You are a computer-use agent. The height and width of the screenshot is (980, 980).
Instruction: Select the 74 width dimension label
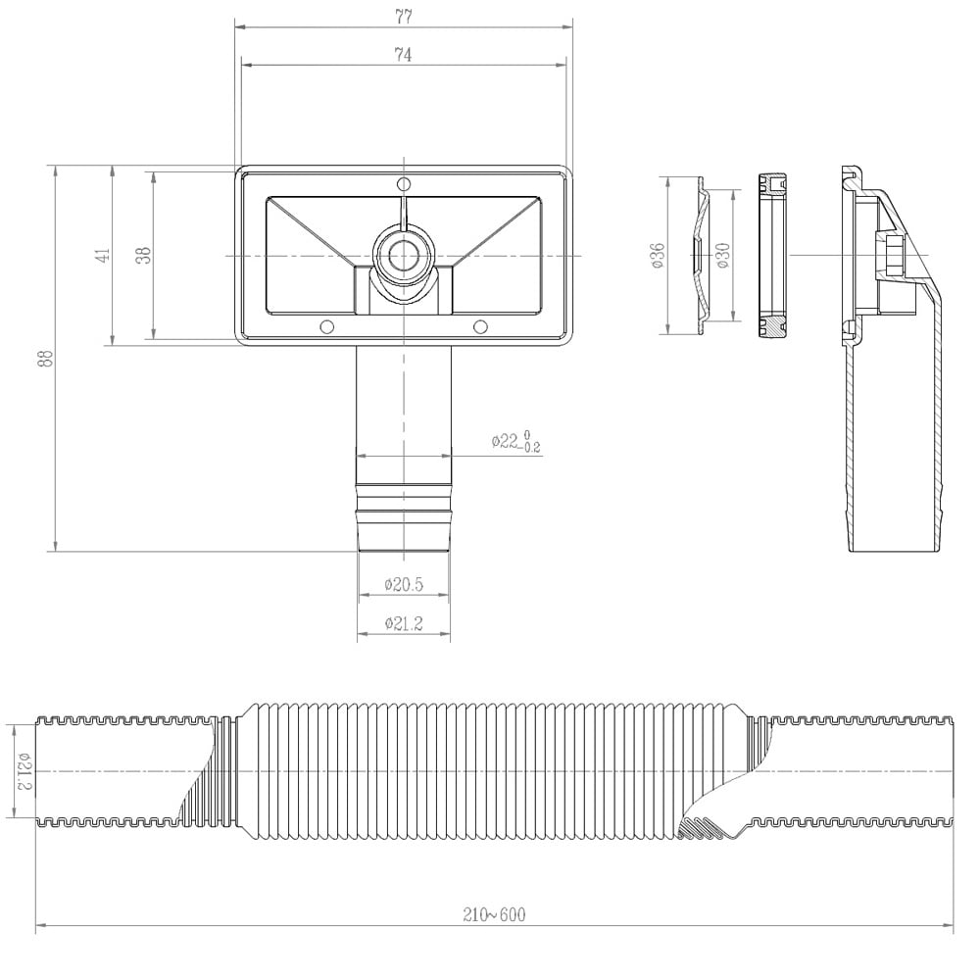[x=403, y=55]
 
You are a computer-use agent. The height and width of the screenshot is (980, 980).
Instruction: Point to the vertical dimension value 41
[x=102, y=256]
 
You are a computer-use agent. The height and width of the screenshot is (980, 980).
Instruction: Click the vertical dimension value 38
[x=143, y=256]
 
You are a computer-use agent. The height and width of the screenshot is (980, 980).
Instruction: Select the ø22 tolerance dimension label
[x=516, y=442]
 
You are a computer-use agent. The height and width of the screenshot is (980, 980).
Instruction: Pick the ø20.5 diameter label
[x=403, y=585]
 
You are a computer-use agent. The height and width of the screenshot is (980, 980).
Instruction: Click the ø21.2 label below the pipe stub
[x=403, y=624]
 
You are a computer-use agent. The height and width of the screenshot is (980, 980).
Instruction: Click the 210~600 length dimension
[x=494, y=914]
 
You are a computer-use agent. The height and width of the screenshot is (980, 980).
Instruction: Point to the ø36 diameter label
[x=658, y=256]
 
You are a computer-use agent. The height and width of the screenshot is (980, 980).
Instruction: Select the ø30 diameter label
[x=722, y=256]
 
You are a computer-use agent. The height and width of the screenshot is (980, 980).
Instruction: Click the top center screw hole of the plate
[x=403, y=185]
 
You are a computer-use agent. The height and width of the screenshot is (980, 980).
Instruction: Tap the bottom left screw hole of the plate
[x=327, y=325]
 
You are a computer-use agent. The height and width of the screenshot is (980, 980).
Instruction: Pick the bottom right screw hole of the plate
[x=480, y=325]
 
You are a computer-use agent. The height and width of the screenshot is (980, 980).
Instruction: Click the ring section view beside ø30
[x=773, y=256]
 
